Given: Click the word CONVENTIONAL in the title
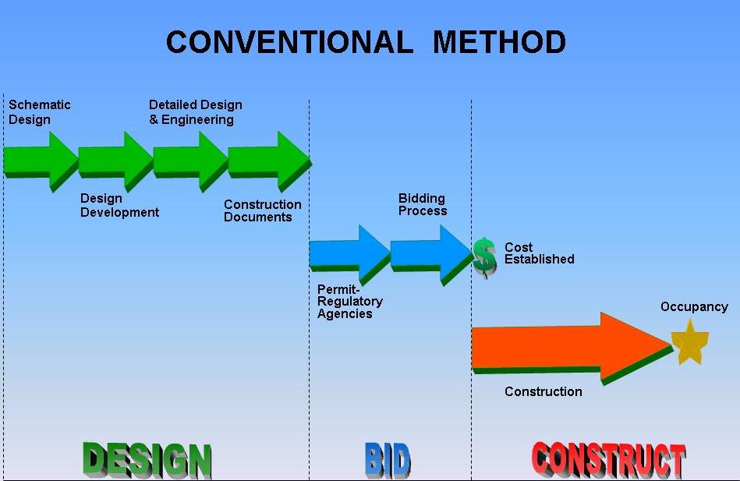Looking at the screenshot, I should tap(289, 42).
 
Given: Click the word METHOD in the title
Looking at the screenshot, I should tap(499, 42).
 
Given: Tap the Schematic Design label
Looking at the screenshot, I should tap(39, 112).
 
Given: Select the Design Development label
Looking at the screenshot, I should tap(119, 206).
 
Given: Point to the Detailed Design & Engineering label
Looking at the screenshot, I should tap(195, 112).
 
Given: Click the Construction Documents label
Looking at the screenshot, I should tap(262, 210).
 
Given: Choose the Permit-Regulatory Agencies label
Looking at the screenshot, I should tap(349, 302).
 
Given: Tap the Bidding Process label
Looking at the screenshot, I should tap(423, 205).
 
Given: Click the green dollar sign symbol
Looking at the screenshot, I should tap(484, 256).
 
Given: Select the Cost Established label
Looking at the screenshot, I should tap(539, 253).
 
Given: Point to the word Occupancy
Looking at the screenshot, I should tap(694, 307).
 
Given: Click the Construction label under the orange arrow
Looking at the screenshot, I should tap(543, 391).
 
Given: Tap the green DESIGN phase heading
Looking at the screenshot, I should tap(147, 459).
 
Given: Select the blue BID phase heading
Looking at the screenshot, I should tap(387, 460).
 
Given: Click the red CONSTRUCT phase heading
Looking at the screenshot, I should tap(608, 460).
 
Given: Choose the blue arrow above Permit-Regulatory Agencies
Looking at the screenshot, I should tap(349, 253).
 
